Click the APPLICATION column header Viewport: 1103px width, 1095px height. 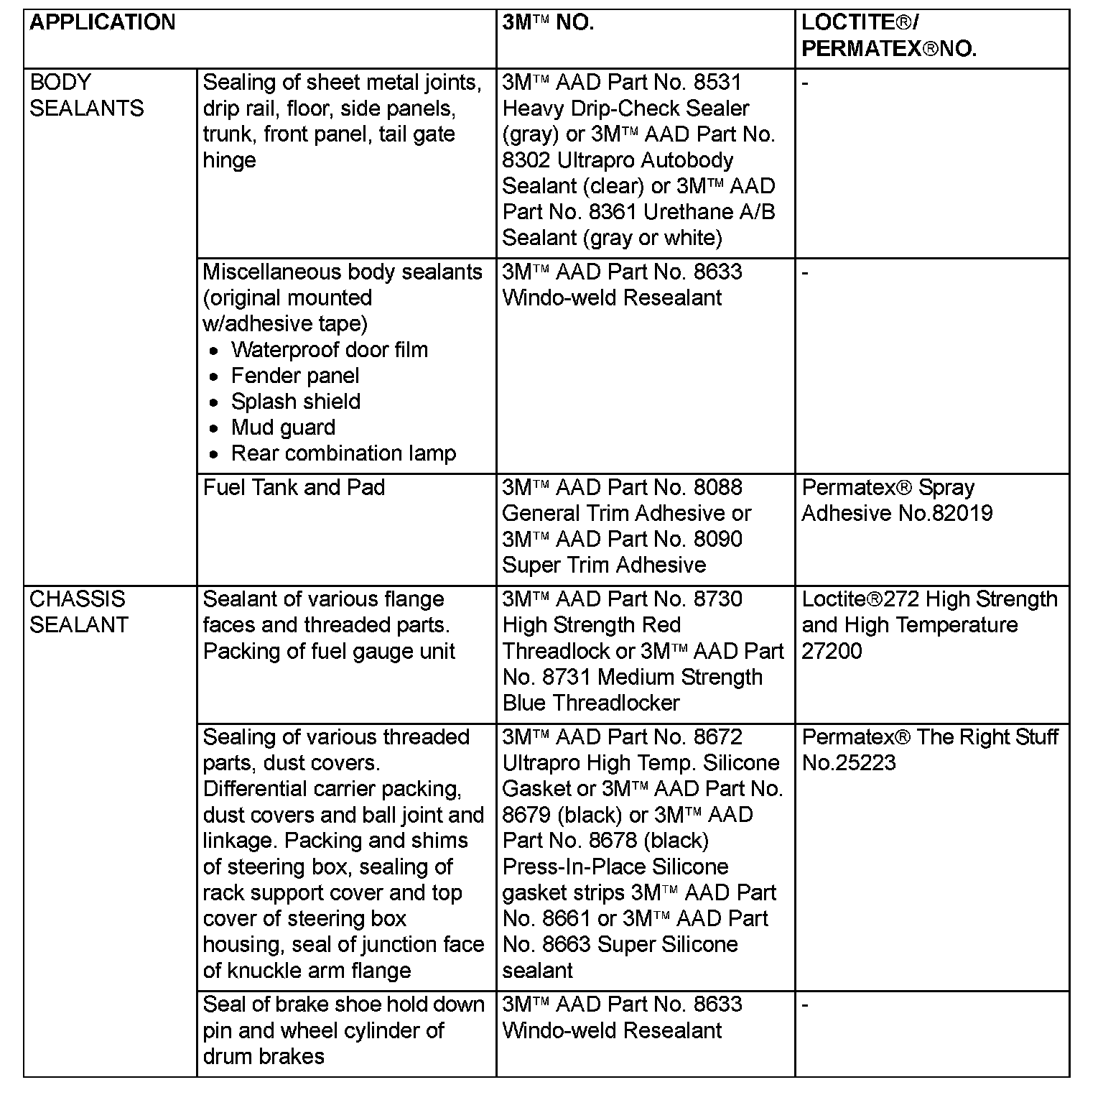[x=103, y=23]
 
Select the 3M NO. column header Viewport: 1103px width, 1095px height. [x=548, y=23]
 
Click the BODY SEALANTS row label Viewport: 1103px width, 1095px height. [x=86, y=96]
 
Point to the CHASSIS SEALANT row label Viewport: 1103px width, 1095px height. [x=78, y=612]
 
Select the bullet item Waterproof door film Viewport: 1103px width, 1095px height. [x=329, y=350]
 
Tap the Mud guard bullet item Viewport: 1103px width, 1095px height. [x=283, y=428]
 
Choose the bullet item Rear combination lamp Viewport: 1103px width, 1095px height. [x=343, y=453]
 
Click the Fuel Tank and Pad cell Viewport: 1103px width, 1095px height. [x=294, y=488]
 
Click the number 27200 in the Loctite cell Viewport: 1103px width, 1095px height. [x=832, y=651]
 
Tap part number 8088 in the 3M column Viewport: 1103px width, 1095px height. [x=717, y=488]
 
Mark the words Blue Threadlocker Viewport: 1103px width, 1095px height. [x=591, y=703]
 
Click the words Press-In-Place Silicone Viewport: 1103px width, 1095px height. [x=615, y=867]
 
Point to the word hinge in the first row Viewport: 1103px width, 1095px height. [x=229, y=160]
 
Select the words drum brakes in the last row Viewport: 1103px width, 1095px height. [x=264, y=1056]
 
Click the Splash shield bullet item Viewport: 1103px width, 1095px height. [x=295, y=402]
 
